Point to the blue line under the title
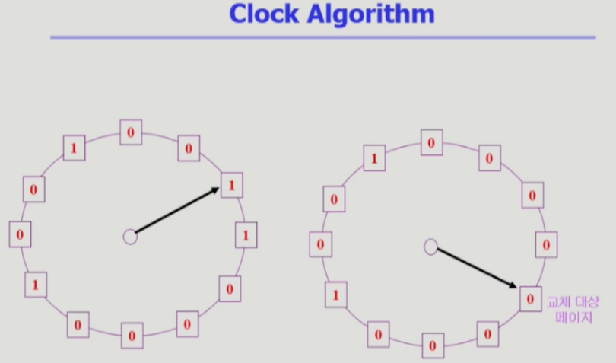(x=322, y=37)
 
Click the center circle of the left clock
(x=130, y=237)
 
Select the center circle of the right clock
(x=430, y=247)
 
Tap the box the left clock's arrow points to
(x=231, y=185)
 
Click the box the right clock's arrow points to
(x=529, y=298)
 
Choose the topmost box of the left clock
(x=130, y=132)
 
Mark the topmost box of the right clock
(x=431, y=142)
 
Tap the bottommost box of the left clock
(x=131, y=335)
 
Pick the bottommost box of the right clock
(x=431, y=345)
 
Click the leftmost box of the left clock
(x=20, y=234)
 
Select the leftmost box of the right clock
(x=320, y=245)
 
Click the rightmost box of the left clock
(x=245, y=236)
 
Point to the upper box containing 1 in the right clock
(x=373, y=159)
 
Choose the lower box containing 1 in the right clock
(x=336, y=295)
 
